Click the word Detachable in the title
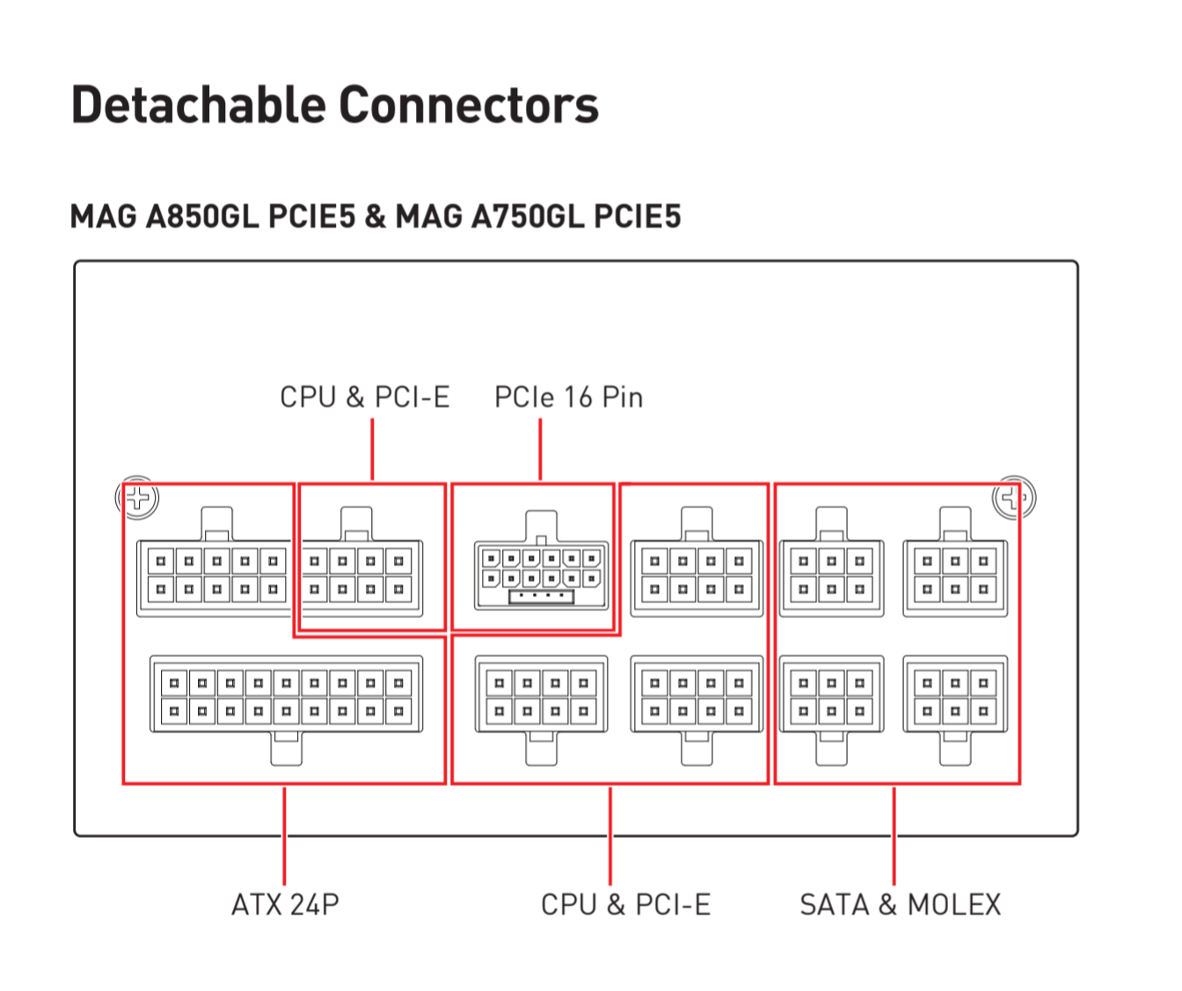pos(198,105)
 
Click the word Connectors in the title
pos(469,105)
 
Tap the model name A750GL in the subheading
pos(528,216)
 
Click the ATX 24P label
pos(285,905)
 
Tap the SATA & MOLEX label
pos(900,905)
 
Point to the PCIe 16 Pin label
pos(568,397)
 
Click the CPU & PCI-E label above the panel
pos(365,397)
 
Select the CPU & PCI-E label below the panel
pos(625,905)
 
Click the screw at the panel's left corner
pos(137,498)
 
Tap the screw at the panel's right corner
pos(1014,498)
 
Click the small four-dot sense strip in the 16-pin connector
pos(541,596)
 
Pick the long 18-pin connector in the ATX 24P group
pos(286,695)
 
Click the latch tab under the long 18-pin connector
pos(286,749)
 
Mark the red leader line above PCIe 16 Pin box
pos(540,449)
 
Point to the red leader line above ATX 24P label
pos(284,836)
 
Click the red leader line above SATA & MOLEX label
pos(894,836)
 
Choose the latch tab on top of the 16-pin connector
pos(541,526)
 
